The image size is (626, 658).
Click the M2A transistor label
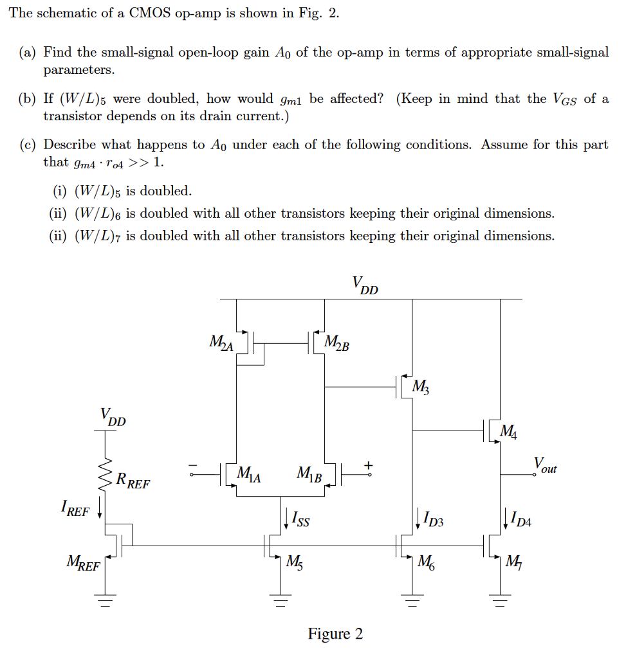(222, 343)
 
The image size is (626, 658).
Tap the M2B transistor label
(337, 343)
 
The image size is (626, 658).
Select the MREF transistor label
(84, 565)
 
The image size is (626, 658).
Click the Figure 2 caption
(335, 634)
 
